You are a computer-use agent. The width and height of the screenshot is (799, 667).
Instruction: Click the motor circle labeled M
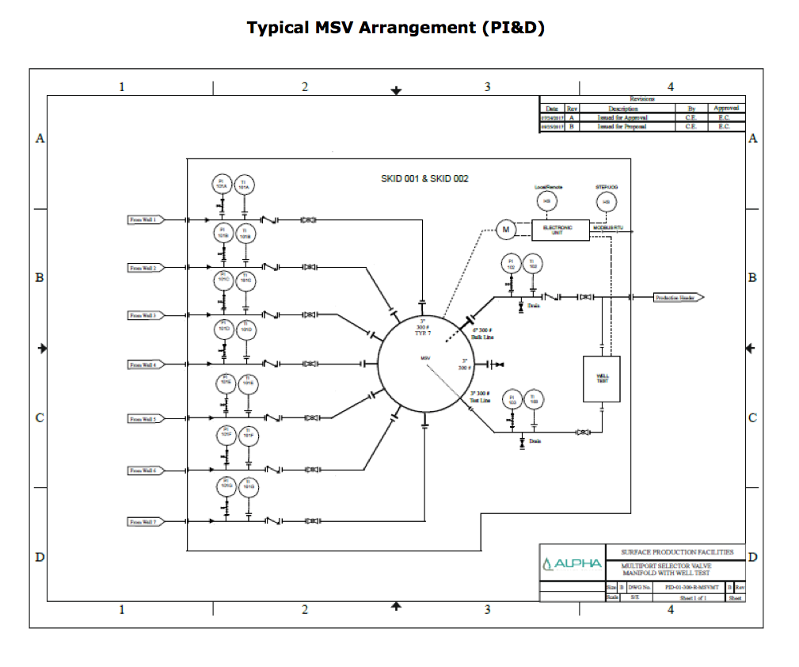tap(505, 230)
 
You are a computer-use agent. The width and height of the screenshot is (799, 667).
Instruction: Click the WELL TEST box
tap(602, 379)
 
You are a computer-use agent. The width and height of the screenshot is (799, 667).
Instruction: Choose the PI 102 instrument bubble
tap(512, 264)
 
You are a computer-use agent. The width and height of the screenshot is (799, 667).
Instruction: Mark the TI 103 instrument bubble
tap(534, 399)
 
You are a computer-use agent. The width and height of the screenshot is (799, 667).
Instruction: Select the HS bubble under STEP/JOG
tap(606, 202)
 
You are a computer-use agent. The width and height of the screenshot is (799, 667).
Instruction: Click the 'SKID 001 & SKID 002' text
tap(424, 179)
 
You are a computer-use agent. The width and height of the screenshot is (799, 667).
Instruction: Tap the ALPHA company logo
tap(573, 563)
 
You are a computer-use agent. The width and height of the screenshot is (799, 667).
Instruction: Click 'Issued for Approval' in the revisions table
tap(622, 117)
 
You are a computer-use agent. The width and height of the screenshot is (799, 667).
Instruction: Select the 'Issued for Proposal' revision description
tap(622, 127)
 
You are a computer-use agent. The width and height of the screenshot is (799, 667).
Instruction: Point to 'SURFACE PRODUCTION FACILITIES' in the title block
tap(676, 552)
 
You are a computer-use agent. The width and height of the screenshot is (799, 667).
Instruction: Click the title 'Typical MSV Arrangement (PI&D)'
tap(396, 28)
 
